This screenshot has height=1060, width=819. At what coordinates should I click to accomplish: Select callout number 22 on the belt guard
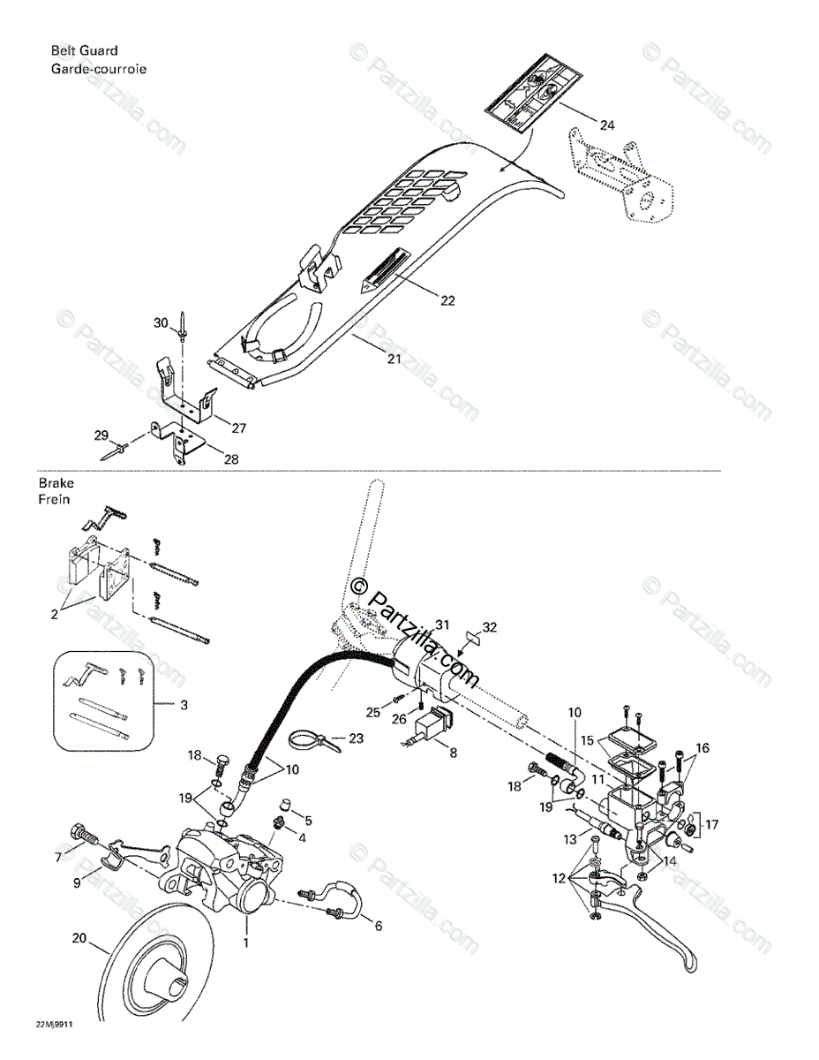tap(447, 300)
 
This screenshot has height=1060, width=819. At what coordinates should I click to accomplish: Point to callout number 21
tap(394, 360)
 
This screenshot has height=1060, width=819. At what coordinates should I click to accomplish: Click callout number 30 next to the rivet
tap(160, 323)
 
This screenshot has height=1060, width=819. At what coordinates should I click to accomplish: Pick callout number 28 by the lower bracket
tap(230, 458)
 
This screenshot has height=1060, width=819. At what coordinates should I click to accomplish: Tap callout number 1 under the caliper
tap(246, 943)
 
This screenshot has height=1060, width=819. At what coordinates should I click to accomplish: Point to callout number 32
tap(490, 627)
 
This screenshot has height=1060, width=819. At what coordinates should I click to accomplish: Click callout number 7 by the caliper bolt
tap(59, 857)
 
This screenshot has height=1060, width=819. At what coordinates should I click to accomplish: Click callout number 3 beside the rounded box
tap(184, 705)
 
